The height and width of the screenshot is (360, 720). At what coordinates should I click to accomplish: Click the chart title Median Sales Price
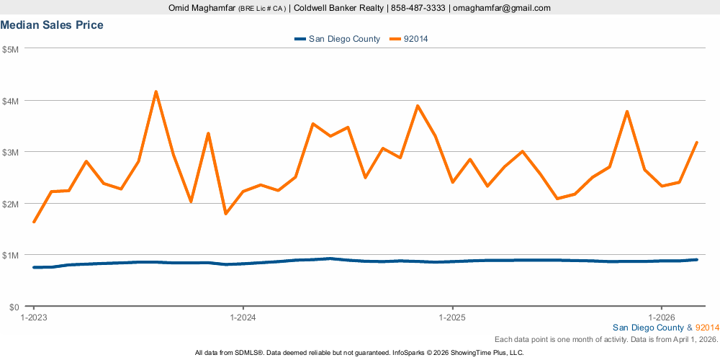point(52,25)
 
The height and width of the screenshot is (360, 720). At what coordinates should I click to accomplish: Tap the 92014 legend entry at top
point(417,39)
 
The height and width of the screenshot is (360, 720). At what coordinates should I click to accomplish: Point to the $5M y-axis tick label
point(10,49)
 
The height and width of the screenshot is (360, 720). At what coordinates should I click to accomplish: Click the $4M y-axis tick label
point(10,101)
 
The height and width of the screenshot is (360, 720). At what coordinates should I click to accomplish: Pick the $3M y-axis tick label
point(10,152)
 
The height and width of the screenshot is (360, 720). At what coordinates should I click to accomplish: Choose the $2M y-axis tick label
point(10,204)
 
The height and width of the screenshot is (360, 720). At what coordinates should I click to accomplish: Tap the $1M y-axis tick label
point(10,255)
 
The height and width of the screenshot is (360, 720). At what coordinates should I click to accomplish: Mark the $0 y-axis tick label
point(14,307)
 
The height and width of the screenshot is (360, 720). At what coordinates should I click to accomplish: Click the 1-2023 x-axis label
point(34,317)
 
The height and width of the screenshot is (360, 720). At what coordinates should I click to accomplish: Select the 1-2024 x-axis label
point(243,317)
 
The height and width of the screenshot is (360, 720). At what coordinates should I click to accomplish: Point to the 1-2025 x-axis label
point(451,317)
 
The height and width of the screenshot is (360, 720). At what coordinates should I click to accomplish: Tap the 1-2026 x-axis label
point(661,317)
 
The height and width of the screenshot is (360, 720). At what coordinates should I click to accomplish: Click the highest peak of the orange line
point(156,91)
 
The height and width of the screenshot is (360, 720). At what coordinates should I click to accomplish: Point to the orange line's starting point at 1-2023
point(34,222)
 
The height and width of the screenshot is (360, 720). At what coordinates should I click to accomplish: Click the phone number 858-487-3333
point(418,8)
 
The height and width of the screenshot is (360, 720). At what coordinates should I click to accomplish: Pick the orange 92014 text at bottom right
point(707,328)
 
